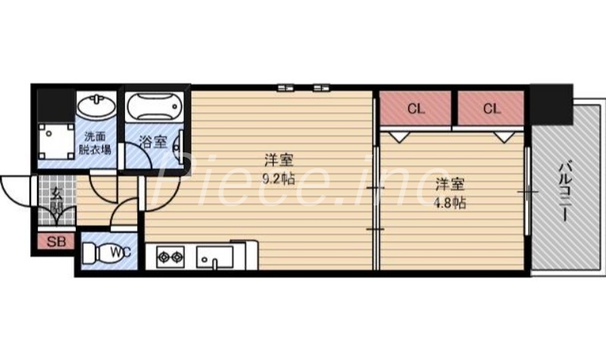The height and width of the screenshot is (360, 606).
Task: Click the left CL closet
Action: coord(415,108)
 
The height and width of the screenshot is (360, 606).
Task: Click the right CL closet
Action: coord(491,108)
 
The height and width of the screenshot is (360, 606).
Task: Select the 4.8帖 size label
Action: coord(450,202)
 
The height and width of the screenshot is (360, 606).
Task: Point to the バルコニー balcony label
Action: coord(564,189)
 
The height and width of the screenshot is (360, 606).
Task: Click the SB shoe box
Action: coord(56,243)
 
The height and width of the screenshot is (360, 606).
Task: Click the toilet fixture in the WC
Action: coord(96,253)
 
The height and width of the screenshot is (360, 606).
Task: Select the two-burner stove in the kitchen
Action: coord(170,257)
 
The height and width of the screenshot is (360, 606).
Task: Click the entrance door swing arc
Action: coord(17,189)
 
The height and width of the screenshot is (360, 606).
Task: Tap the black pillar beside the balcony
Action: coord(551,104)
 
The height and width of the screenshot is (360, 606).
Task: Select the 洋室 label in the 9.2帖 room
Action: coord(278,161)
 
